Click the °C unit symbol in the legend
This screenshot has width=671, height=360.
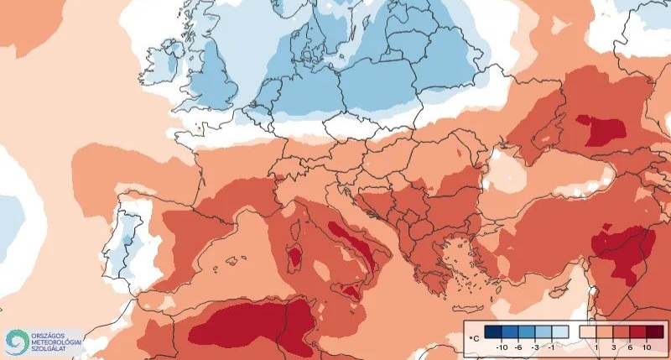pos(475,338)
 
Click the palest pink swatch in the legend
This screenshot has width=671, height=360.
pos(587,331)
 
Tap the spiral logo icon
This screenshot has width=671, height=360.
pos(16,341)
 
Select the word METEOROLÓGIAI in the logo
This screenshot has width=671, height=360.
pos(56,341)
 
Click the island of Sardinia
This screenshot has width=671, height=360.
pos(295,255)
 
